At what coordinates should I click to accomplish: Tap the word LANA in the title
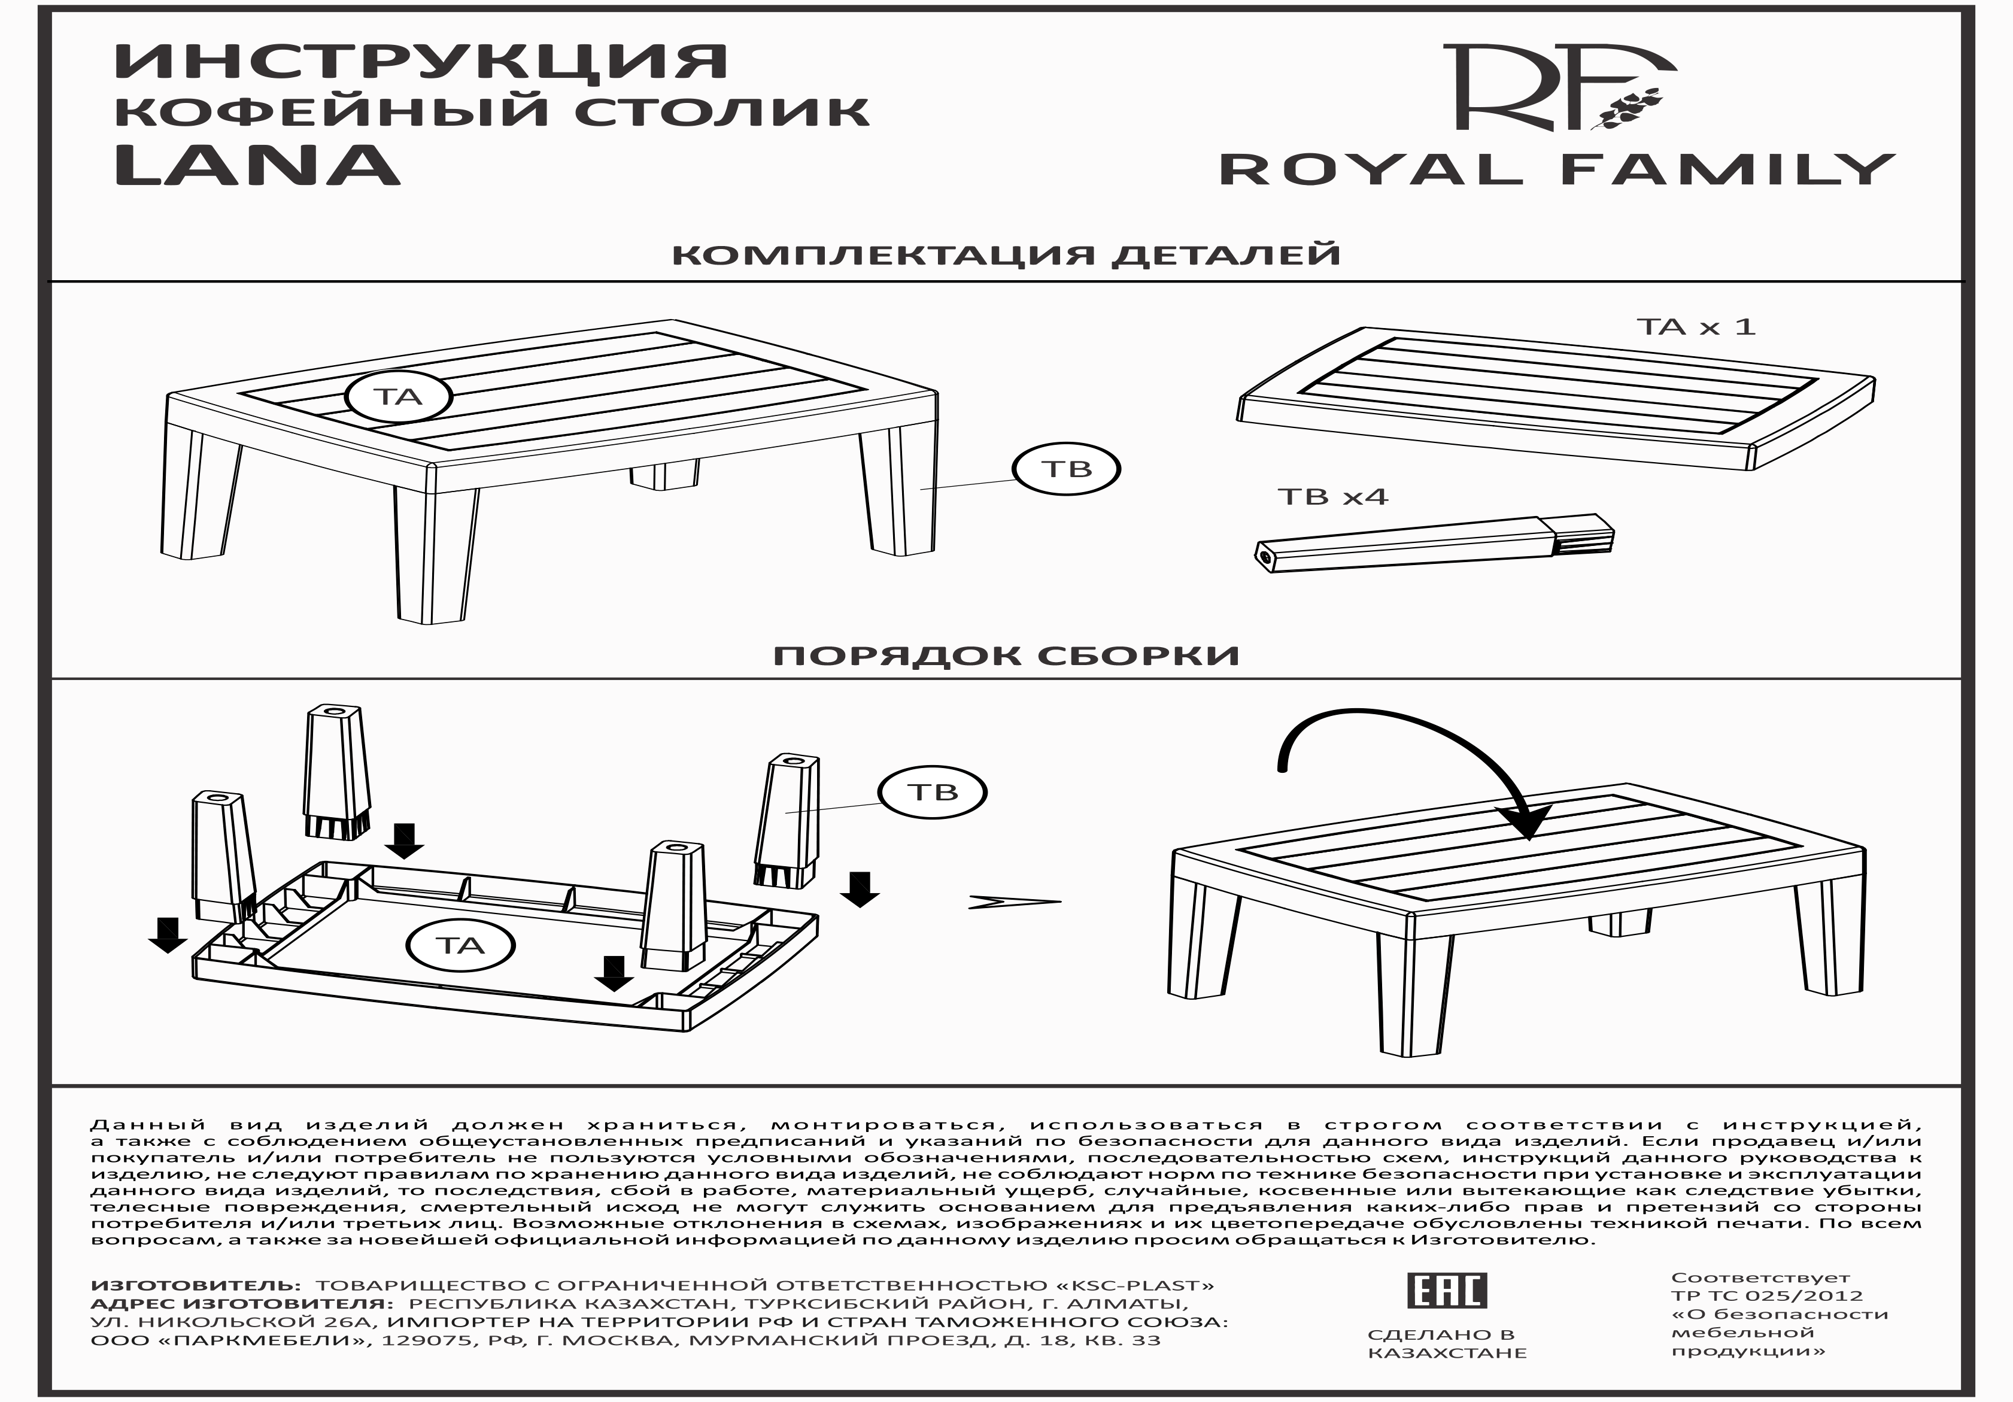257,166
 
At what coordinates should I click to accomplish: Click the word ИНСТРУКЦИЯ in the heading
421,62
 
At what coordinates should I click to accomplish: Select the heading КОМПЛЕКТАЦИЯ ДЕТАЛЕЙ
1006,255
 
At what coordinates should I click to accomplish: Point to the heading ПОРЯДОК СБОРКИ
1006,656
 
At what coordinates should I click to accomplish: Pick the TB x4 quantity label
1332,497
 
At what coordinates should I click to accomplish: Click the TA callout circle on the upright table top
399,397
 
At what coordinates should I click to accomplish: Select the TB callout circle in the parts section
1066,469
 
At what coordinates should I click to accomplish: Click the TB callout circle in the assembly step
933,793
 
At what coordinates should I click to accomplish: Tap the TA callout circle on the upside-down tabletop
460,945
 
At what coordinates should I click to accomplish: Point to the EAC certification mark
1446,1290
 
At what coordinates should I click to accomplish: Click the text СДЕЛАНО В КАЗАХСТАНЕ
1447,1343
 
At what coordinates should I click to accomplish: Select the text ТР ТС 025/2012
1766,1295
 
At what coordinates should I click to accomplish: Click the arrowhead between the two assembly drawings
1013,902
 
